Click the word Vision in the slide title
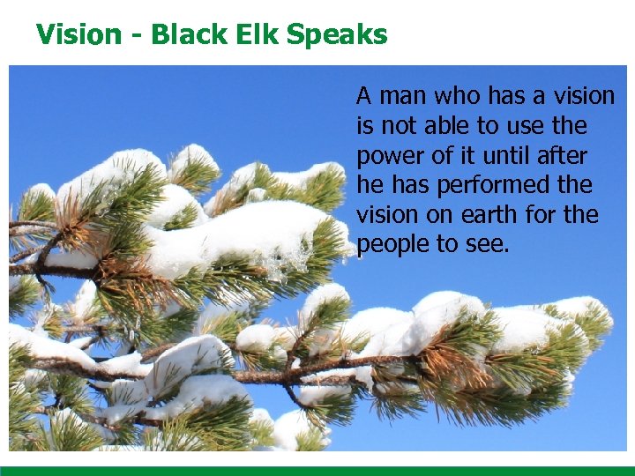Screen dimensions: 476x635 pyautogui.click(x=78, y=34)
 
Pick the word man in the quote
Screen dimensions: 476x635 pyautogui.click(x=398, y=96)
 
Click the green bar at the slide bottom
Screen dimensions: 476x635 pyautogui.click(x=317, y=471)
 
